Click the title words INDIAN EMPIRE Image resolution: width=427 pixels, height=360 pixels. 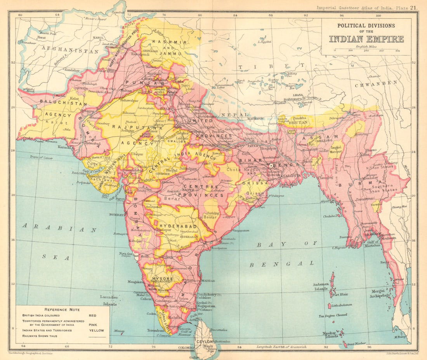click(x=366, y=39)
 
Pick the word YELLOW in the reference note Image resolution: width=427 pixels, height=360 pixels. click(x=96, y=331)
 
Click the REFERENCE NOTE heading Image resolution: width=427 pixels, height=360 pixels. click(x=62, y=309)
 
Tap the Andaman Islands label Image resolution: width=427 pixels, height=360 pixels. click(x=321, y=286)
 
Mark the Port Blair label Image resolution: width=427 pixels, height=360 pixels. click(x=339, y=294)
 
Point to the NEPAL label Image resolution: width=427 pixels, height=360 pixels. click(x=234, y=115)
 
